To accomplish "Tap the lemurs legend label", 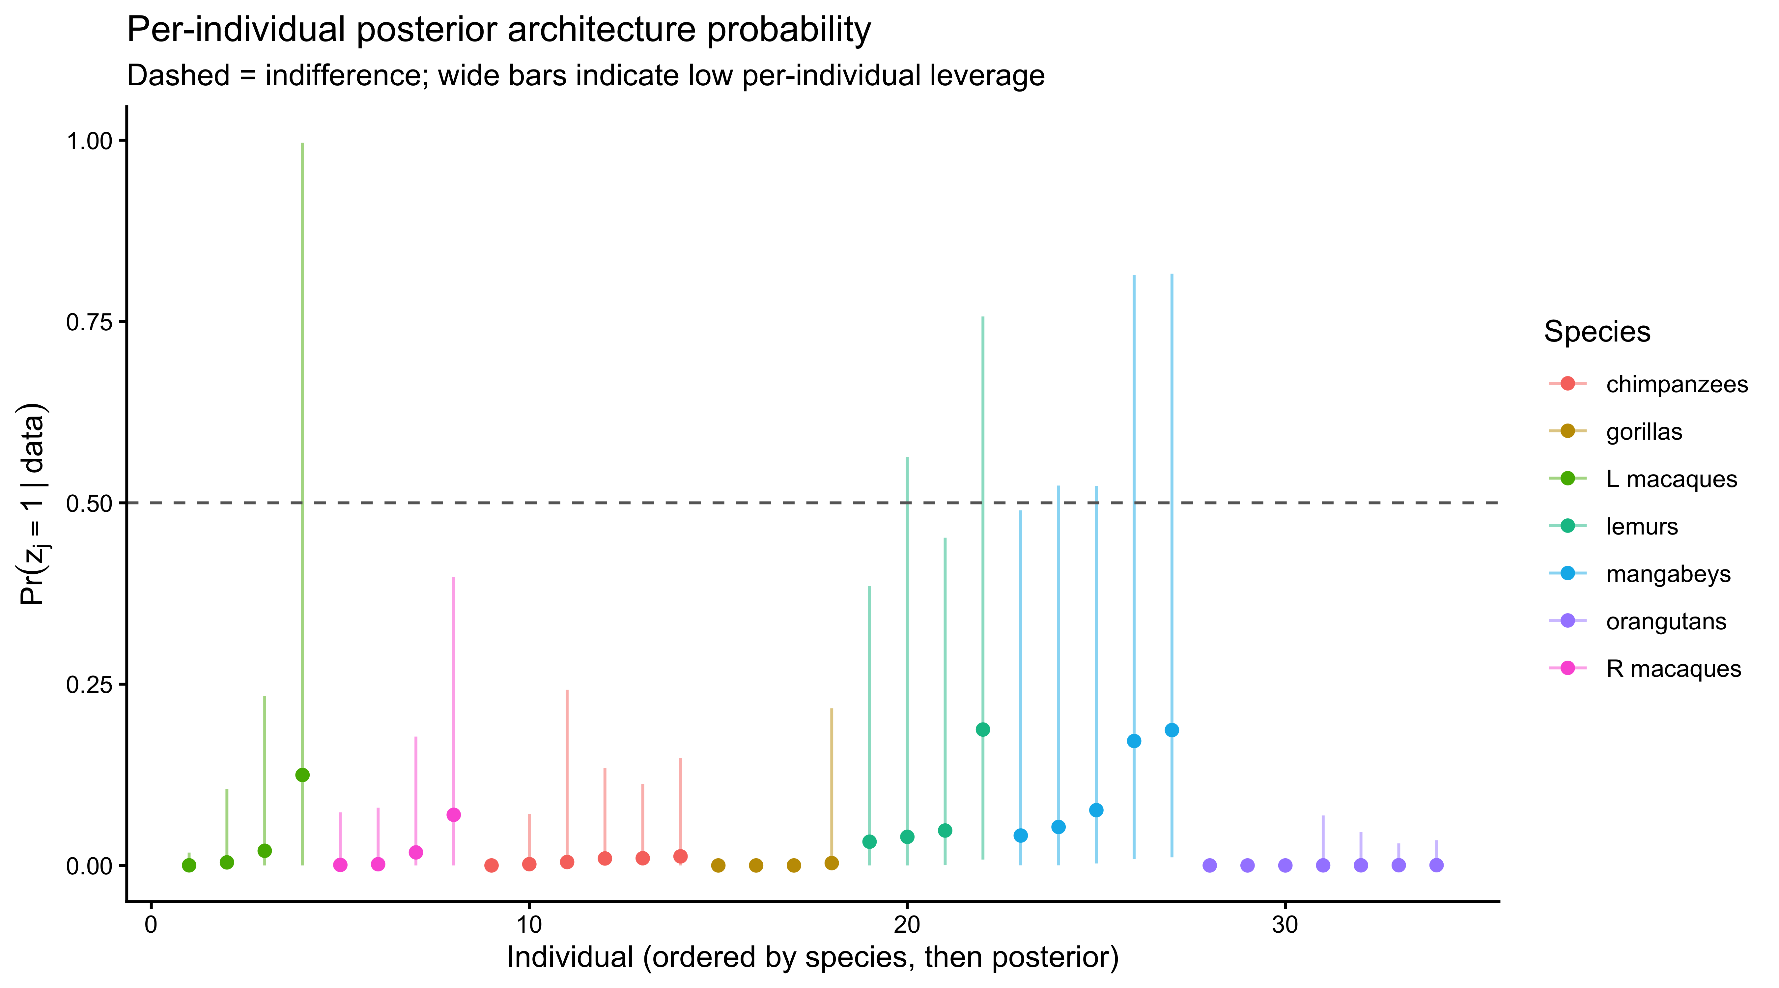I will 1642,527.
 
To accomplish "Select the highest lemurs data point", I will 983,730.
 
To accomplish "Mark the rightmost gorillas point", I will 832,863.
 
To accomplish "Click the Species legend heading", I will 1597,332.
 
